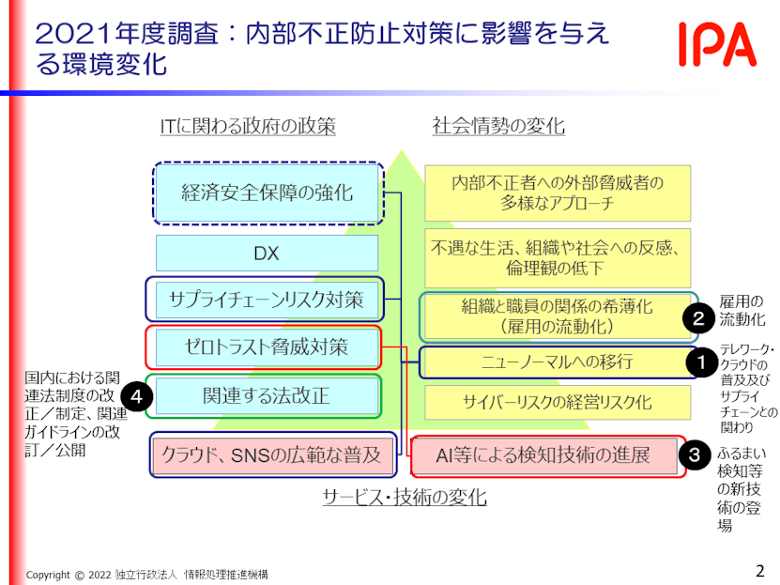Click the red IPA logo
[x=718, y=44]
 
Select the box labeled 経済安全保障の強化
[x=268, y=192]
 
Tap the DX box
[x=267, y=254]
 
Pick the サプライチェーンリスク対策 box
[x=265, y=300]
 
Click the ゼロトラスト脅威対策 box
[x=266, y=347]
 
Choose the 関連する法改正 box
[x=266, y=395]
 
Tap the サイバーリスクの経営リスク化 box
[x=557, y=402]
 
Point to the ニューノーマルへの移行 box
[x=557, y=362]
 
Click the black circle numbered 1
[x=699, y=361]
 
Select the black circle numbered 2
[x=699, y=318]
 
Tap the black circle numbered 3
[x=694, y=455]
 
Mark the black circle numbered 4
[x=137, y=397]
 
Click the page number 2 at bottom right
[x=759, y=569]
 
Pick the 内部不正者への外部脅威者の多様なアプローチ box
[x=557, y=192]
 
